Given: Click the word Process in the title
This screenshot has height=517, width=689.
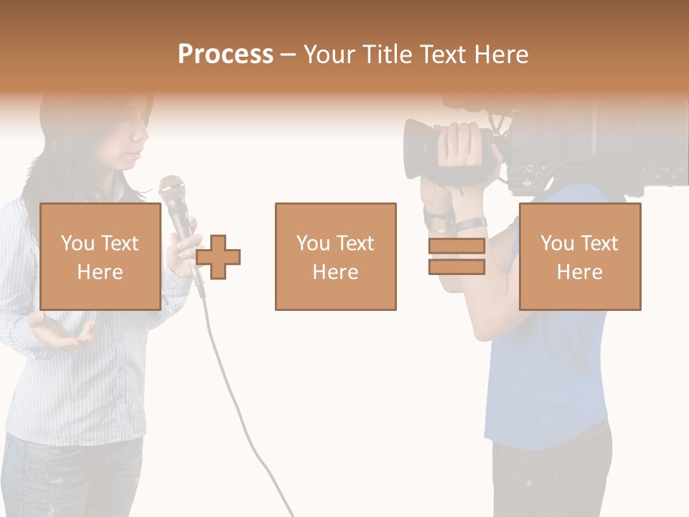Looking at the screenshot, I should [x=225, y=55].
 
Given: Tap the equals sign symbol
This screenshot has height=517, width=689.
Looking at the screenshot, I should [x=456, y=256].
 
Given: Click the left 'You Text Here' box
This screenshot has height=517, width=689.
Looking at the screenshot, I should [x=100, y=256].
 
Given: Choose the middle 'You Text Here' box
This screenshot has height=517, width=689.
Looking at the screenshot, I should [x=335, y=256].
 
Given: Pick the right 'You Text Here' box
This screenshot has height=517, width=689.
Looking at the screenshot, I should [x=579, y=256].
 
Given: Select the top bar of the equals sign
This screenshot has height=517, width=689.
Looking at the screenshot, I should [x=456, y=246].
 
